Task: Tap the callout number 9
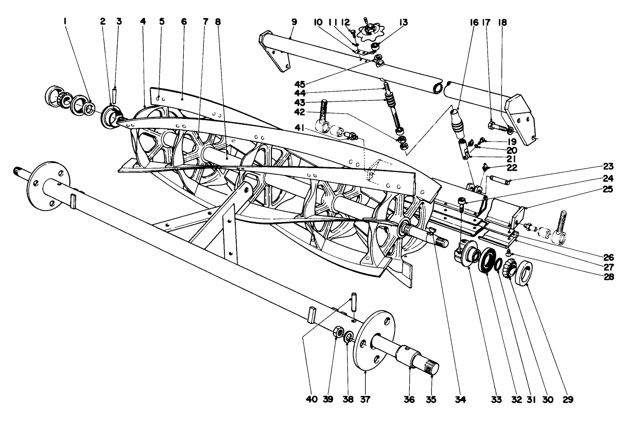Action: click(x=294, y=22)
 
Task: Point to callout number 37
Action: click(x=365, y=400)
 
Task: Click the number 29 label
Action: click(x=567, y=400)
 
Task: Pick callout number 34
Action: click(x=460, y=400)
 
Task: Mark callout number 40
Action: click(x=312, y=400)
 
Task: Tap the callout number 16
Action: click(x=473, y=22)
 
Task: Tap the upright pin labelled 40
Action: click(x=354, y=302)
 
